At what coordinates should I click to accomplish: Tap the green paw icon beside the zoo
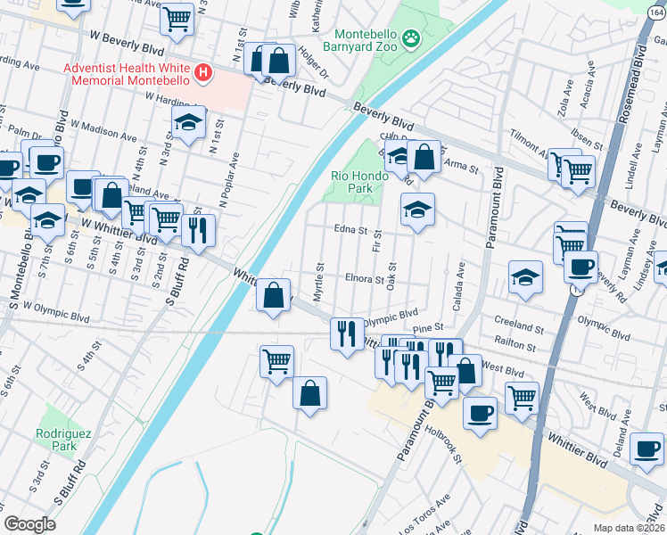(x=411, y=38)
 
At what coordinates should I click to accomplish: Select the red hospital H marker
(x=204, y=72)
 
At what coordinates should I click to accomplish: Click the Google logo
(x=29, y=524)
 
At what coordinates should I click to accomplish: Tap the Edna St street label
(x=351, y=230)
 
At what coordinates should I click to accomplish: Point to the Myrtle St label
(x=318, y=280)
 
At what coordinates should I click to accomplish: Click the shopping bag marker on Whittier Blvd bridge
(x=274, y=294)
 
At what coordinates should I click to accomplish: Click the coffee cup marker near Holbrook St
(x=481, y=413)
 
